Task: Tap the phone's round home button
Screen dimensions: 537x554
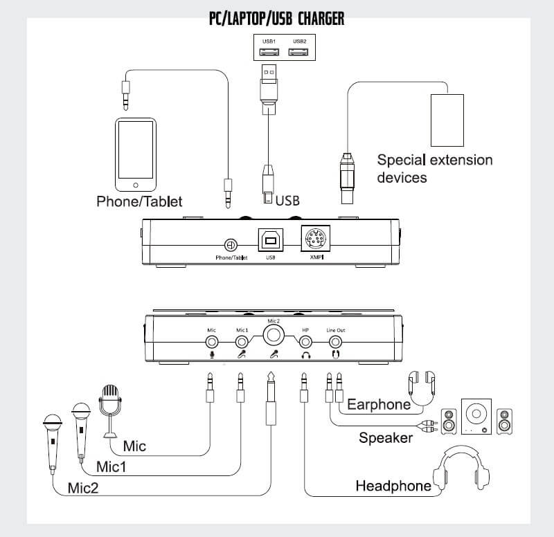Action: pos(135,185)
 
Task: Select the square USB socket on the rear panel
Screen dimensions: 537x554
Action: pos(270,239)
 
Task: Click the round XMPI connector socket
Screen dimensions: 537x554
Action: pos(314,239)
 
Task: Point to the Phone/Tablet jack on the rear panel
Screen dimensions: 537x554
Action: pos(231,245)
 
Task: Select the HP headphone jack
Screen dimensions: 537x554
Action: pos(305,341)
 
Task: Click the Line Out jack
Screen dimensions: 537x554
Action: pos(335,341)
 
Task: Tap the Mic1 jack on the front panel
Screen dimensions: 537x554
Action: pos(241,341)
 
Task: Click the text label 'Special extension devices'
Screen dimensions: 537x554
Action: pos(434,168)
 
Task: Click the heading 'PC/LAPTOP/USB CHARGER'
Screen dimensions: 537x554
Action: pos(276,18)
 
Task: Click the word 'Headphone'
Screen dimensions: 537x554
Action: pos(393,486)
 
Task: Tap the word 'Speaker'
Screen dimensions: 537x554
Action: pos(385,437)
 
